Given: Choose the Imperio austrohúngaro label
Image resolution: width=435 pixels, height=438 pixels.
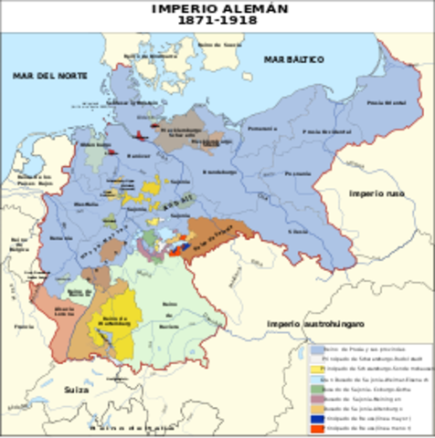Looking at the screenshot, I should [x=310, y=324].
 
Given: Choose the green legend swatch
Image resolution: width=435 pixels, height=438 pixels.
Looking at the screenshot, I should [x=317, y=389].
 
